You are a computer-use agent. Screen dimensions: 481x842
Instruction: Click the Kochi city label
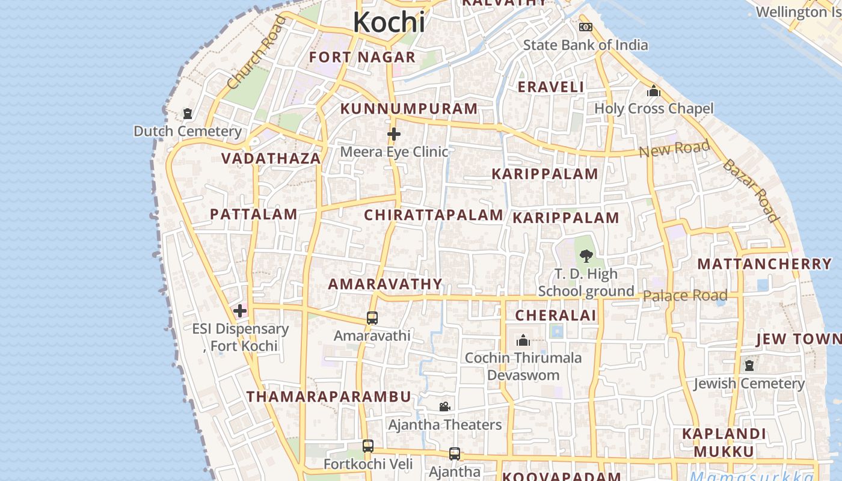pos(389,22)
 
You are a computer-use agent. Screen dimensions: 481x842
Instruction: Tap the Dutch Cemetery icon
pos(188,113)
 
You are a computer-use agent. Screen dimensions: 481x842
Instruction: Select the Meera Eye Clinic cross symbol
pos(394,133)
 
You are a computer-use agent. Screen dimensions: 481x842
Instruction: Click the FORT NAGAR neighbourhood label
pos(362,57)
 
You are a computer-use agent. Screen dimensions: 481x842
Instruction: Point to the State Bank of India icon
pos(585,27)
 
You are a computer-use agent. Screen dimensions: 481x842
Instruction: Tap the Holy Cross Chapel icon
pos(654,91)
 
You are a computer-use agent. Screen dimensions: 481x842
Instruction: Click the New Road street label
pos(674,148)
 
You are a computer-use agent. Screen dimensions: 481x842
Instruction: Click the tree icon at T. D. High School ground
pos(586,256)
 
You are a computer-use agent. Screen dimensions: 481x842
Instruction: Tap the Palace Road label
pos(685,295)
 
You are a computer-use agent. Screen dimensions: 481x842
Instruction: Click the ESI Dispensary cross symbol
pos(240,311)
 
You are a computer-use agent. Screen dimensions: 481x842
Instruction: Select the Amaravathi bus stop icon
pos(372,318)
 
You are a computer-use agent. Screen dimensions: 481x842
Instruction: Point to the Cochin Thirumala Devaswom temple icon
pos(523,341)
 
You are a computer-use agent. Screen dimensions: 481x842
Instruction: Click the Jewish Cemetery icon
pos(749,366)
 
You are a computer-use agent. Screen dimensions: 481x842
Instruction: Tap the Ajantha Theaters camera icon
pos(444,407)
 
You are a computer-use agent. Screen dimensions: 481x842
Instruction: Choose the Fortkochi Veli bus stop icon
pos(368,446)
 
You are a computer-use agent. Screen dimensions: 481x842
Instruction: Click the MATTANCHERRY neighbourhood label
pos(764,263)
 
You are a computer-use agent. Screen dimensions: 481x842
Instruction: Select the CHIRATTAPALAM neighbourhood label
pos(434,215)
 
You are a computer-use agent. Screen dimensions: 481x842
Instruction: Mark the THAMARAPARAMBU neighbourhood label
pos(329,396)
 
